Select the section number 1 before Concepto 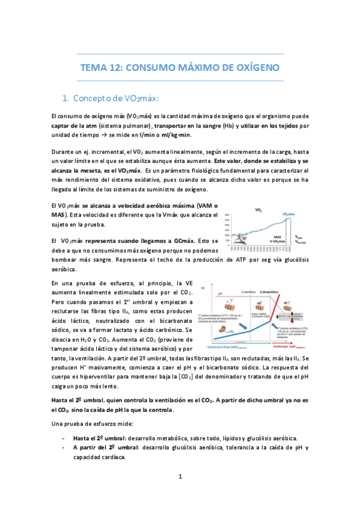pos(66,98)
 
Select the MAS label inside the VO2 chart pos(277,238)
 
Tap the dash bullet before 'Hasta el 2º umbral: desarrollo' pos(64,438)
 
